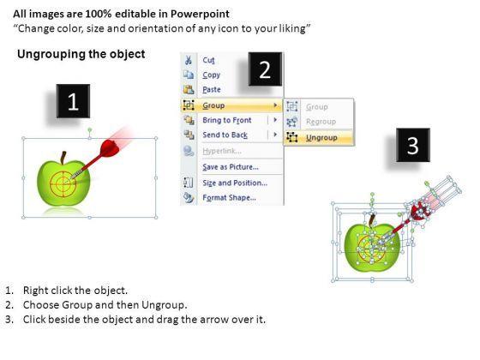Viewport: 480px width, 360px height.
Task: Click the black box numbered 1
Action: [73, 101]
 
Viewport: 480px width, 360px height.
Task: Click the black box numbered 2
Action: [265, 69]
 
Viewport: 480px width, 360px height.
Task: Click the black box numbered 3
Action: [413, 145]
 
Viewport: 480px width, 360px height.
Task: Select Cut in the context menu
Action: [208, 60]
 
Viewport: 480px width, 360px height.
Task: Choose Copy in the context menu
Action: [211, 75]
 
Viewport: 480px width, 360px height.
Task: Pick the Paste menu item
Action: [212, 90]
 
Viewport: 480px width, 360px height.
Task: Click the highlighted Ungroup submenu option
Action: [321, 138]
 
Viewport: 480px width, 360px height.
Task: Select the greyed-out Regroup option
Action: [321, 122]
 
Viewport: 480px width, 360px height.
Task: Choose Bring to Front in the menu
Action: [227, 120]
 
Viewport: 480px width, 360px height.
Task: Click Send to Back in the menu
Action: [225, 135]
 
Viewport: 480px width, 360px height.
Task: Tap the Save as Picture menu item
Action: [231, 167]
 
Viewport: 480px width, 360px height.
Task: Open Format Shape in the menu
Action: [230, 198]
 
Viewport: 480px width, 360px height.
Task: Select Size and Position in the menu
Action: [235, 183]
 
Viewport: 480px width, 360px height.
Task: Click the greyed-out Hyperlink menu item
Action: [222, 151]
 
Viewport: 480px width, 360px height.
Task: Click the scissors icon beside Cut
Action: [189, 60]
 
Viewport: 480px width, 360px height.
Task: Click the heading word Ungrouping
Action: [51, 55]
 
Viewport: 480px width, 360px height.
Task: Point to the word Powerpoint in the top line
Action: [200, 14]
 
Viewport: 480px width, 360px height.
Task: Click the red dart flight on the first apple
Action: [111, 147]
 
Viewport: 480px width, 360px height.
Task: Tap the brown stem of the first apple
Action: [63, 158]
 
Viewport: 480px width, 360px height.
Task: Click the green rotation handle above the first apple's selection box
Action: [90, 130]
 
